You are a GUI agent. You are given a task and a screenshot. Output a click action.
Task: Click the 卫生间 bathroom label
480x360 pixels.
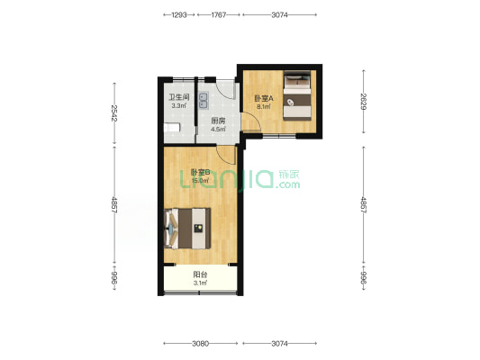pos(179,97)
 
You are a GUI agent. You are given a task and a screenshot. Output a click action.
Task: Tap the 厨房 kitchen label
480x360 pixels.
pos(218,121)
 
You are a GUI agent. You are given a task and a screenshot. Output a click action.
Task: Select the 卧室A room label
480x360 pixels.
pos(264,98)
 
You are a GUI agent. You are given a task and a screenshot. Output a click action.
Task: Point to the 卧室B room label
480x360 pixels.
pos(200,173)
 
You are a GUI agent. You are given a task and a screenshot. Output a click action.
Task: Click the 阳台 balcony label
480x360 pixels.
pos(200,274)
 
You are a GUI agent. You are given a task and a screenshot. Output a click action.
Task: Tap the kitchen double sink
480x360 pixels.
pos(204,101)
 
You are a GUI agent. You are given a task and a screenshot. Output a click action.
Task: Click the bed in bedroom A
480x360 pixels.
pos(297,95)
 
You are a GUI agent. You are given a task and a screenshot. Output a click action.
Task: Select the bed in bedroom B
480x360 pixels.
pos(187,229)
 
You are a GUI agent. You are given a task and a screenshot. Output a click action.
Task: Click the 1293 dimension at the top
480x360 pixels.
pos(179,14)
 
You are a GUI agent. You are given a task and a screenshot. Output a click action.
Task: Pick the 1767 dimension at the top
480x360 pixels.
pos(219,14)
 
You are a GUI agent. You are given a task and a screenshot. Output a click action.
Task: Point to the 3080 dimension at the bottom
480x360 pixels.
pos(201,344)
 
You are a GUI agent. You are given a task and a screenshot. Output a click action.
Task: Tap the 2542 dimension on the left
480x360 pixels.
pos(114,113)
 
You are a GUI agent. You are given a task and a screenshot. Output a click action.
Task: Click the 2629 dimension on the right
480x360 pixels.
pos(363,101)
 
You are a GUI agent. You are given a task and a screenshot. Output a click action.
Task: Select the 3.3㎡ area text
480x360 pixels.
pos(179,106)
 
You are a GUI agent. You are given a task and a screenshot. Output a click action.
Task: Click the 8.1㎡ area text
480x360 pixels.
pos(264,107)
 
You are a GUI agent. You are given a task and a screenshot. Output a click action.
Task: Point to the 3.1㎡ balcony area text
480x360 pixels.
pos(200,283)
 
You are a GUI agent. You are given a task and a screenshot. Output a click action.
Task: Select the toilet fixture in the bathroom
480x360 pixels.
pos(172,127)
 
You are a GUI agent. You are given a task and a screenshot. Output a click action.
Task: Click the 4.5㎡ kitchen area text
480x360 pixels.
pos(218,129)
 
